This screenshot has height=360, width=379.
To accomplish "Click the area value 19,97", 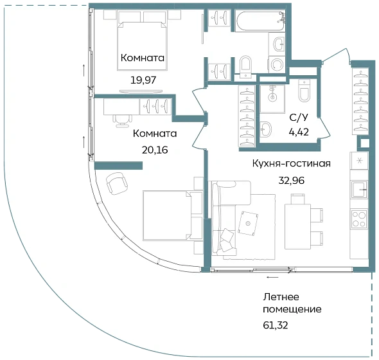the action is point(143,80).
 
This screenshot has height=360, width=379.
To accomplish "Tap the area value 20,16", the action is point(155,150).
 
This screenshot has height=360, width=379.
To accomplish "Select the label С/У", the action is point(299,118).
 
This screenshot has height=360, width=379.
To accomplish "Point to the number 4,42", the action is point(299,132).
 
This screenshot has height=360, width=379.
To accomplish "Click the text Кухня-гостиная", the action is point(291,163).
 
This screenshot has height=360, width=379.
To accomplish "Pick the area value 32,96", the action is point(291,181).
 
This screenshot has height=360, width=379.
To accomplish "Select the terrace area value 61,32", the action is point(276,325).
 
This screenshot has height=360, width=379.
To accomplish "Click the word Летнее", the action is point(281,297).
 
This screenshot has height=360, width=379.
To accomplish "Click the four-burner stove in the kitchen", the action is point(359,219).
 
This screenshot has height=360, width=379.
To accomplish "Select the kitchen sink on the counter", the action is point(359,189).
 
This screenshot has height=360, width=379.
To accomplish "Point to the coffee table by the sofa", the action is point(248,223).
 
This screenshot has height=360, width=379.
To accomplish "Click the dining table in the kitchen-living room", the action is point(297,226).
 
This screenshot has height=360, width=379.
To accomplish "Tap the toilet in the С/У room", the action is point(304,91).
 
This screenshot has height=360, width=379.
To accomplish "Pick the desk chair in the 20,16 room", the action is point(122,120).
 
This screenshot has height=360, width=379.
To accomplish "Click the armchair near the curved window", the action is point(117,184).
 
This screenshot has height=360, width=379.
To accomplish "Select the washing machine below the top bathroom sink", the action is point(276,64).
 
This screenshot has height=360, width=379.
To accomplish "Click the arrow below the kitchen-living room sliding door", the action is point(272,277).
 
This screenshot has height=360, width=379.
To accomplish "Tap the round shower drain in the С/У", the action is point(272,97).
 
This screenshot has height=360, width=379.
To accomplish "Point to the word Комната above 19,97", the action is point(143,58).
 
